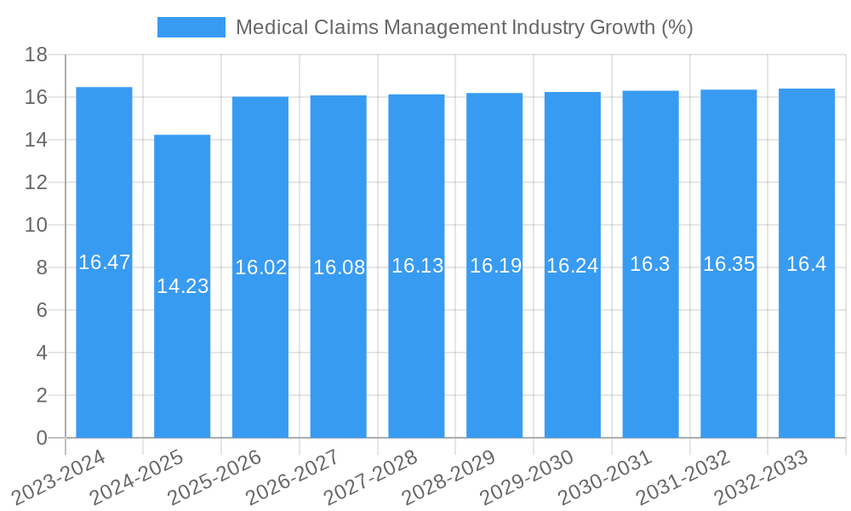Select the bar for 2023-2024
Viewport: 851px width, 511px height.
104,341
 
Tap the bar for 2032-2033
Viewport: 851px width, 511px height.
807,341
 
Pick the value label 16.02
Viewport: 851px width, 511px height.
260,267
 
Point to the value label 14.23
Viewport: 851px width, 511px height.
182,286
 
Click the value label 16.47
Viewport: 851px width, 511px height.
104,262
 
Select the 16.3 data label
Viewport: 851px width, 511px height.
650,264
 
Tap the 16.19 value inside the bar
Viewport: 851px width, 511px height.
495,266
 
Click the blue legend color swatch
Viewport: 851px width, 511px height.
191,27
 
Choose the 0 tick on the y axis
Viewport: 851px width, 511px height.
42,438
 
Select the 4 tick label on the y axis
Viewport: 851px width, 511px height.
42,353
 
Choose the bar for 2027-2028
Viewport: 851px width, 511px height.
416,341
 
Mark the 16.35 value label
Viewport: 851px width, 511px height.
728,264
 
